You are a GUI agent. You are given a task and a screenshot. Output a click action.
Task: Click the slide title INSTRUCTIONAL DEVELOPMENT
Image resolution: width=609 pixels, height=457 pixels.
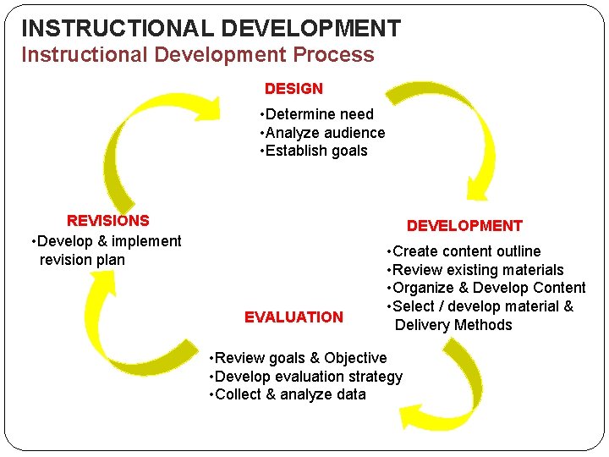[x=211, y=28]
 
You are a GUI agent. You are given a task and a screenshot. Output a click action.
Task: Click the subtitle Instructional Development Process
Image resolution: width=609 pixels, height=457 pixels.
[x=197, y=55]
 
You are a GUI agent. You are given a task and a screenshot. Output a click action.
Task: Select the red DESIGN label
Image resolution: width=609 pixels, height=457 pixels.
[x=294, y=88]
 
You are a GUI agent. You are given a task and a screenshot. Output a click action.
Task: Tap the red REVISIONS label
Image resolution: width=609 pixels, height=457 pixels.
[x=107, y=221]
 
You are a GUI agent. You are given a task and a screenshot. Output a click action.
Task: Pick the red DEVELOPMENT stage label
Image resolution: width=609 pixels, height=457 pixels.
[x=464, y=226]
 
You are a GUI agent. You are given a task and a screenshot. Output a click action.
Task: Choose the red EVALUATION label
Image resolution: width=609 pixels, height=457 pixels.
[x=294, y=317]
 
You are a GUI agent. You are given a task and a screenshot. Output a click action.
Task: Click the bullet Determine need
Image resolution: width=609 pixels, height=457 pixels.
[x=317, y=114]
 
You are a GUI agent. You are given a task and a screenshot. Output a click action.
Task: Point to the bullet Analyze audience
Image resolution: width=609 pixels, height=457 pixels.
[x=322, y=133]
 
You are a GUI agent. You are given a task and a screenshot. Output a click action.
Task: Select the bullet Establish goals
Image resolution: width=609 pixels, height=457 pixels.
[x=314, y=151]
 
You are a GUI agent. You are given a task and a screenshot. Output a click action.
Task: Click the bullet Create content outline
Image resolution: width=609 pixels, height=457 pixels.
[x=464, y=251]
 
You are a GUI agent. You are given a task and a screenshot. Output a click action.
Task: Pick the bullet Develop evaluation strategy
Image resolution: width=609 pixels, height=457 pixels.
[x=305, y=377]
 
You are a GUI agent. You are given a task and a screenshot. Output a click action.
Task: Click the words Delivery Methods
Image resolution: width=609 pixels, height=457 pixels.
[x=453, y=325]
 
